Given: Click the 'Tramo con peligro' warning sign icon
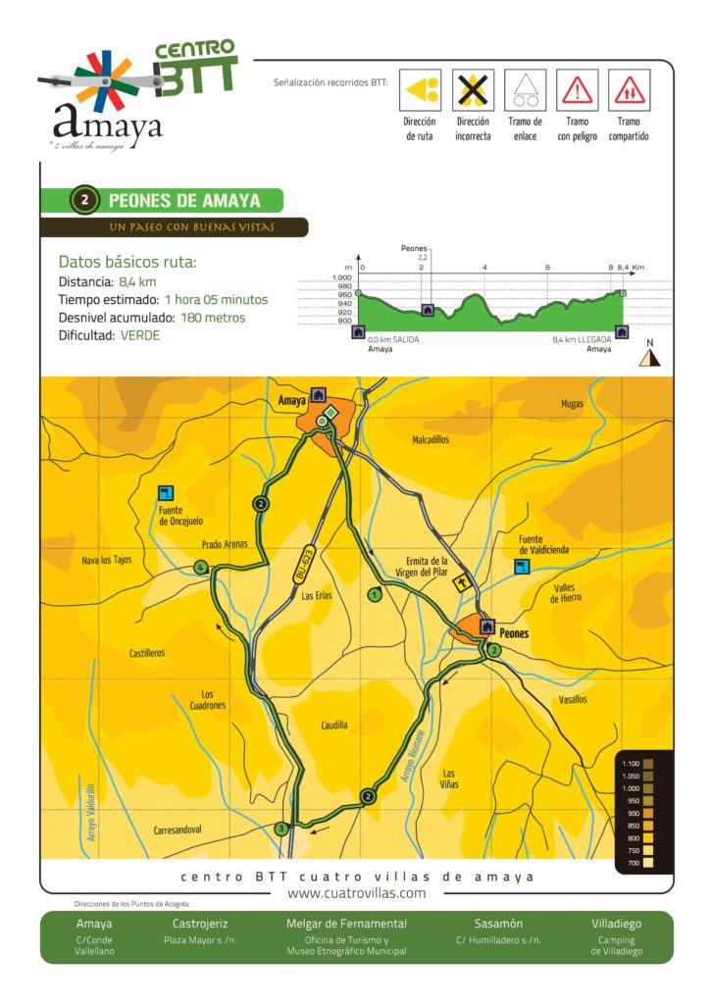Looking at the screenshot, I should pyautogui.click(x=578, y=90).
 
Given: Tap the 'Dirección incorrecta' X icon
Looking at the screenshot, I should pyautogui.click(x=473, y=90).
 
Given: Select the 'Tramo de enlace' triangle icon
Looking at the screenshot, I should pyautogui.click(x=525, y=90).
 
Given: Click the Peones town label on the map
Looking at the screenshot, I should pyautogui.click(x=514, y=633).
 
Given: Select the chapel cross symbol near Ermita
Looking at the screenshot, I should pyautogui.click(x=459, y=584).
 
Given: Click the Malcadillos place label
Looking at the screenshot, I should pyautogui.click(x=431, y=440).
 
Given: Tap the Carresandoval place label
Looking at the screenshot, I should pyautogui.click(x=178, y=830).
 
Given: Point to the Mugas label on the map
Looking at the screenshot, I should pyautogui.click(x=572, y=403).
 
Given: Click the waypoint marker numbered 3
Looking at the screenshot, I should pyautogui.click(x=282, y=828).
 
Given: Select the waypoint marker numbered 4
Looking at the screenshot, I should pyautogui.click(x=200, y=568).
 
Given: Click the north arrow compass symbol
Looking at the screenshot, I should pyautogui.click(x=647, y=358).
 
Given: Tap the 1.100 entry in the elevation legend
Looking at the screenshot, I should pyautogui.click(x=630, y=763).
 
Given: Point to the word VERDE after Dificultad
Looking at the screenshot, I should pyautogui.click(x=140, y=335).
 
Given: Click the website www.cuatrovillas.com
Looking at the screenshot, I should pyautogui.click(x=356, y=893).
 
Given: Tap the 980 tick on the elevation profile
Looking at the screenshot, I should pyautogui.click(x=344, y=286).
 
